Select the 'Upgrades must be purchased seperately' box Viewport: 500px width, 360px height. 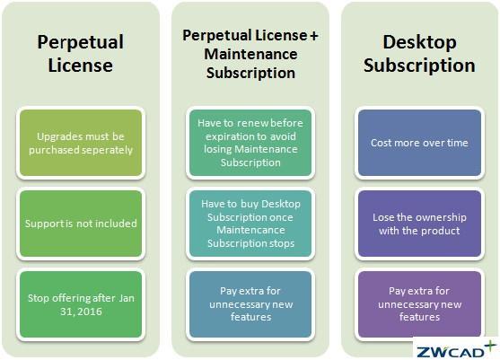(x=81, y=143)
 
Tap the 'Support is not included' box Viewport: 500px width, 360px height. (x=81, y=224)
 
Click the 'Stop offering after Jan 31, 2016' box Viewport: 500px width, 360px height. (x=81, y=304)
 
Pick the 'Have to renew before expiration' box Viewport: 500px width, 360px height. (x=250, y=143)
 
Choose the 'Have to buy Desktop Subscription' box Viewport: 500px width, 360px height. (x=250, y=224)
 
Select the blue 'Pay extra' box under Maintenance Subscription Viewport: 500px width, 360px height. (x=250, y=304)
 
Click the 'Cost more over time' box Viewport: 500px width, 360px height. (x=419, y=143)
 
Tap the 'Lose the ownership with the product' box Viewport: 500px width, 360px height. (x=419, y=224)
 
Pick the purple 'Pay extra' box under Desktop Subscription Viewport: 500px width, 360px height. (x=419, y=304)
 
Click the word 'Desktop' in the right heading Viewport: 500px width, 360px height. (x=419, y=43)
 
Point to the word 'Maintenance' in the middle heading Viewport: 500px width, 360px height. (x=250, y=54)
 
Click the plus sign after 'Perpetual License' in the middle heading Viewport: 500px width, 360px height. (x=314, y=36)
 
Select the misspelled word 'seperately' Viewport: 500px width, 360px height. (x=106, y=150)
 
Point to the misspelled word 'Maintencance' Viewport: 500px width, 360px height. (x=250, y=230)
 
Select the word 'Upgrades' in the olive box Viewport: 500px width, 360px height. (x=57, y=136)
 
